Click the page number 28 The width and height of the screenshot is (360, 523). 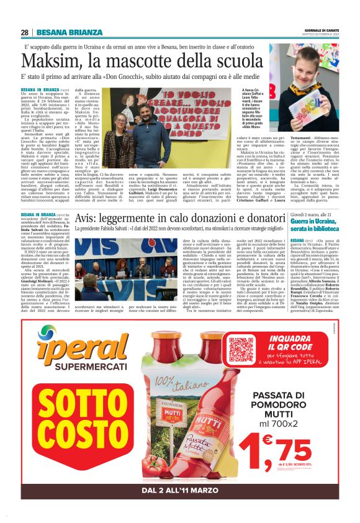click(24, 32)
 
